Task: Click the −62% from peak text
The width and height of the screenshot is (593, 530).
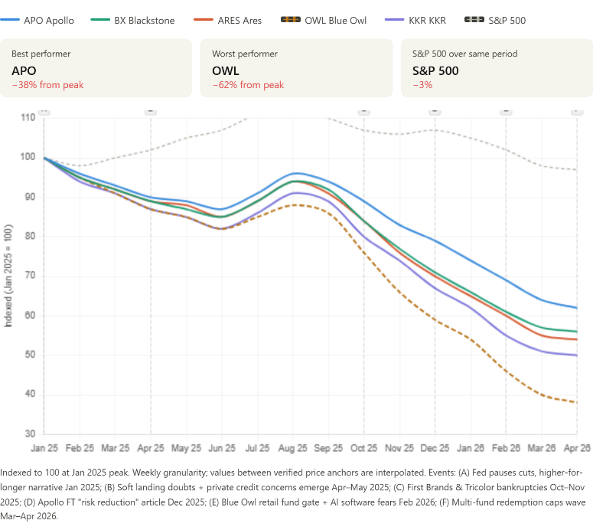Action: click(x=248, y=85)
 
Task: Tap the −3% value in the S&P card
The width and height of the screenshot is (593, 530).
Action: click(x=422, y=85)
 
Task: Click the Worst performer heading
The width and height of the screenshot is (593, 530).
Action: click(x=245, y=54)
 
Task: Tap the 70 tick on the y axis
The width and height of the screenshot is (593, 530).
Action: click(x=30, y=275)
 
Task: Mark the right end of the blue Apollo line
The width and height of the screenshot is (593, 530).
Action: click(x=577, y=307)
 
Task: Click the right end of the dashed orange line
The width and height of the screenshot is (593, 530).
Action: click(x=577, y=402)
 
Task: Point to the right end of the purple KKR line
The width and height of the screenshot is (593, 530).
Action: click(x=577, y=355)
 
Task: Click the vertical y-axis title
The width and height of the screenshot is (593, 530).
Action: click(x=8, y=276)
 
